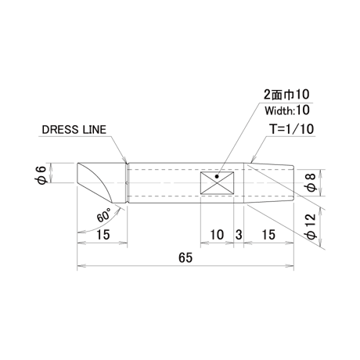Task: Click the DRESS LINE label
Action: click(x=74, y=130)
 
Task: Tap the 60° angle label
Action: click(x=104, y=215)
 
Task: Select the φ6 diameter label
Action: click(x=41, y=173)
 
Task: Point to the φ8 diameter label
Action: click(x=311, y=182)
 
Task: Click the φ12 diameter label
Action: click(x=311, y=226)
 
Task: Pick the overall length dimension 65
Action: click(x=185, y=257)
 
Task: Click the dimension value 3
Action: click(x=239, y=235)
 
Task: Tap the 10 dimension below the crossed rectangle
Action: click(x=217, y=235)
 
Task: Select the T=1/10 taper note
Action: click(x=292, y=129)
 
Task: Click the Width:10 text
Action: click(x=287, y=110)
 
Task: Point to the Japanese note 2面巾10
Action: click(x=286, y=95)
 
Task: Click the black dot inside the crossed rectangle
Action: click(x=217, y=177)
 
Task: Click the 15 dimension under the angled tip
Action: click(x=103, y=235)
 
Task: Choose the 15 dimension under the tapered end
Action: click(x=268, y=235)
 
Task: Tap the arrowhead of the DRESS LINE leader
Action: click(x=125, y=160)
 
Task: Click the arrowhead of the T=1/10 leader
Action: click(x=253, y=159)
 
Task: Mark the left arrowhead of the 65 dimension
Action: click(x=81, y=266)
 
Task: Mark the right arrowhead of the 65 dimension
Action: click(x=290, y=266)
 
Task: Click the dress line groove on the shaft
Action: click(x=127, y=183)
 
